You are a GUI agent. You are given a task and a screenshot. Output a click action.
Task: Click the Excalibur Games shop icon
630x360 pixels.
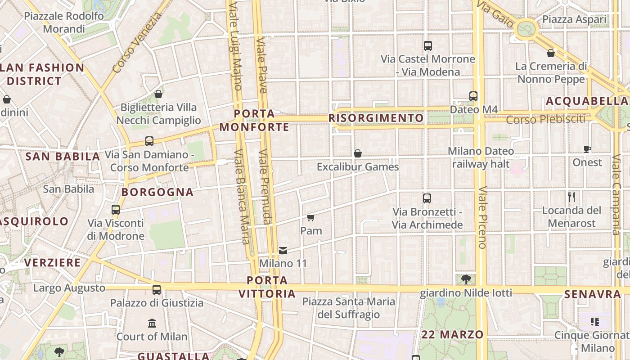pos(358,154)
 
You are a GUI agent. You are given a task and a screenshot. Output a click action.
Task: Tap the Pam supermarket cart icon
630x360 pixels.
pos(310,218)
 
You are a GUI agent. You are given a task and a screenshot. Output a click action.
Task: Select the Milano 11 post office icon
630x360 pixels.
pos(283,250)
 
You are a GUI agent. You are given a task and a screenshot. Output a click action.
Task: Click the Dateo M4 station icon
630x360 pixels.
pos(473,96)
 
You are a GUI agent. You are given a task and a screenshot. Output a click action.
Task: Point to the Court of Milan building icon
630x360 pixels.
pos(152,324)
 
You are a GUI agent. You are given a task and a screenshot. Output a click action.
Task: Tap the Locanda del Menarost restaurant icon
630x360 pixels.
pos(571,197)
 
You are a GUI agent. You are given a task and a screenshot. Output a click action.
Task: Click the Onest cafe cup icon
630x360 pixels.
pos(587,149)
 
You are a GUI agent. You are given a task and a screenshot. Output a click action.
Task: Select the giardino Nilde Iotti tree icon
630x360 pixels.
pos(466,279)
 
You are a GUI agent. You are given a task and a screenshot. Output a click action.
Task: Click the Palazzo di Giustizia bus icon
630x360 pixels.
pos(157,290)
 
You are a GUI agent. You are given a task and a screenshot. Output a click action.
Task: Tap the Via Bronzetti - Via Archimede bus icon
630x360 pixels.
pos(427,198)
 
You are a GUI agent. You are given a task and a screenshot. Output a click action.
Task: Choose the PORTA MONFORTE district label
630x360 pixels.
pos(254,121)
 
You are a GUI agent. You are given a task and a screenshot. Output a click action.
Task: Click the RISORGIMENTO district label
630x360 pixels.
pos(376,118)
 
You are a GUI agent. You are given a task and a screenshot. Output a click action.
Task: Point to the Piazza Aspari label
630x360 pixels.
pos(574,20)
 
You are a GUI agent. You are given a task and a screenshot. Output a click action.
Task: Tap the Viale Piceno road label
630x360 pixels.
pos(482,218)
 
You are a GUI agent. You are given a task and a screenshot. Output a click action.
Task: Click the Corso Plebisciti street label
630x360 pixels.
pos(546,120)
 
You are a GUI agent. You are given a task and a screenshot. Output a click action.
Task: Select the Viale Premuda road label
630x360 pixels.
pos(265,186)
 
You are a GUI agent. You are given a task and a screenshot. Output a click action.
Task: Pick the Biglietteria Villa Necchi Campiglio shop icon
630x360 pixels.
pos(158,94)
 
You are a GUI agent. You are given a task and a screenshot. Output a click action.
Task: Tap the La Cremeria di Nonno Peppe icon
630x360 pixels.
pos(550,53)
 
